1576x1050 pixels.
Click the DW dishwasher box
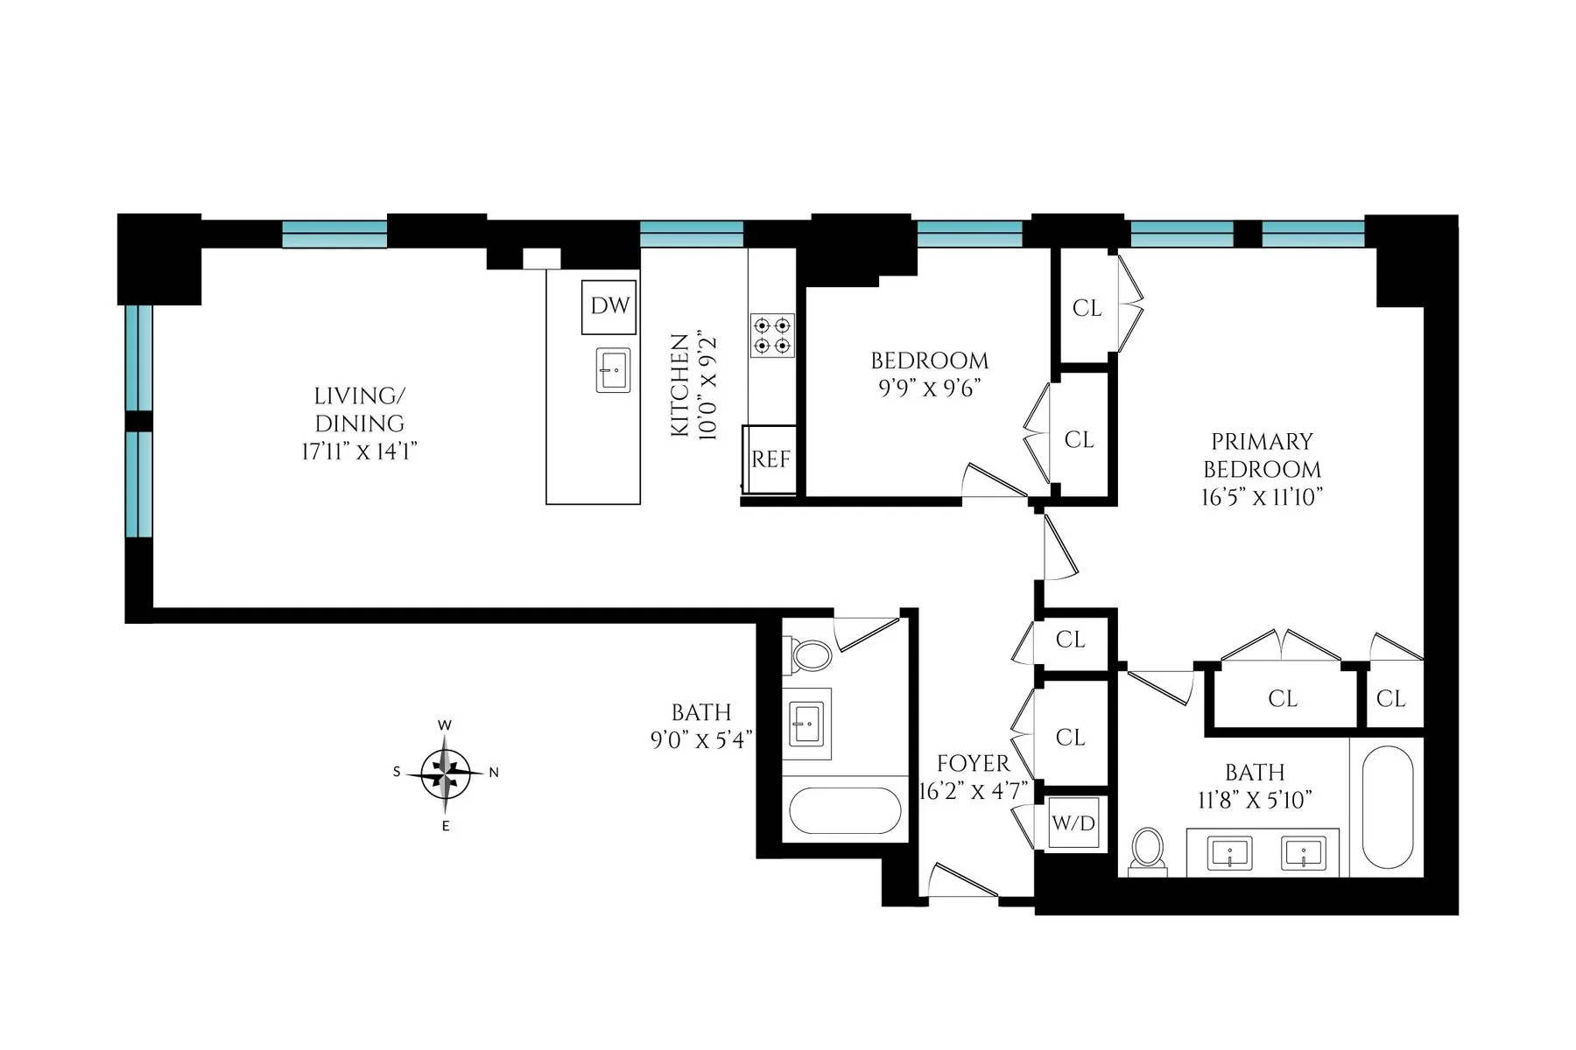click(x=609, y=306)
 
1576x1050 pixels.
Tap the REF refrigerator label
click(x=770, y=459)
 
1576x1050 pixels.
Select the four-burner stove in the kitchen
click(x=772, y=335)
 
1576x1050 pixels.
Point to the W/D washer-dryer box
click(x=1073, y=823)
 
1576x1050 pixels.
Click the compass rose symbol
click(x=446, y=773)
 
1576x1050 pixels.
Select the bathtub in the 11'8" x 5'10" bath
click(x=1388, y=807)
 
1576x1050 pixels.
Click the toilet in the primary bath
click(x=1147, y=850)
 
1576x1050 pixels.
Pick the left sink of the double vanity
click(x=1229, y=852)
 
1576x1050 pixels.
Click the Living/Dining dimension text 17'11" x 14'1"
click(x=359, y=451)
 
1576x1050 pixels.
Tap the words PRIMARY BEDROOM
click(x=1262, y=455)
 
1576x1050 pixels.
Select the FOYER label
click(x=973, y=763)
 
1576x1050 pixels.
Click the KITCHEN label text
click(x=679, y=385)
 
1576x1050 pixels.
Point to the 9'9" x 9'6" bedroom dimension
click(x=929, y=388)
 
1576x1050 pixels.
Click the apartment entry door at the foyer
click(x=963, y=884)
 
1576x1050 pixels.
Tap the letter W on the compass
click(x=445, y=725)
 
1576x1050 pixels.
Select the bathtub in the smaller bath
click(x=845, y=810)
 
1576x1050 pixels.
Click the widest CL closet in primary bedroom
click(x=1283, y=698)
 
